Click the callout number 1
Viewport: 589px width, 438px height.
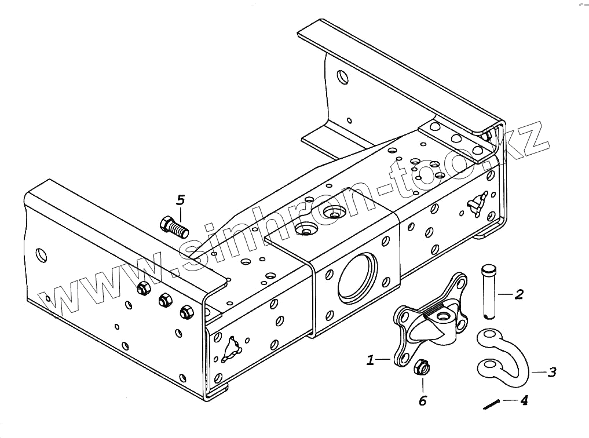[370, 360]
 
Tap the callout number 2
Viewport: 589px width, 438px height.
[519, 294]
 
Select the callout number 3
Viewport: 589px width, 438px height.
[551, 372]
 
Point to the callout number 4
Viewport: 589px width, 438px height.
[523, 400]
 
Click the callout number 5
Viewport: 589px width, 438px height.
[181, 200]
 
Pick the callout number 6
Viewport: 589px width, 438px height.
[423, 401]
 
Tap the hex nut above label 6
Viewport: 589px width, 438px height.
[421, 366]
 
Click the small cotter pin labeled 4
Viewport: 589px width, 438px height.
[491, 404]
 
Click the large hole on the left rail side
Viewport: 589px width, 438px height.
[40, 254]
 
